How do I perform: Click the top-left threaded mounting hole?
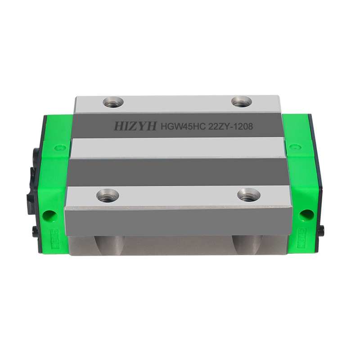(x=112, y=102)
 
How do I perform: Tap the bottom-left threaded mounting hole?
(x=108, y=195)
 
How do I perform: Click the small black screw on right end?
(x=321, y=230)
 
